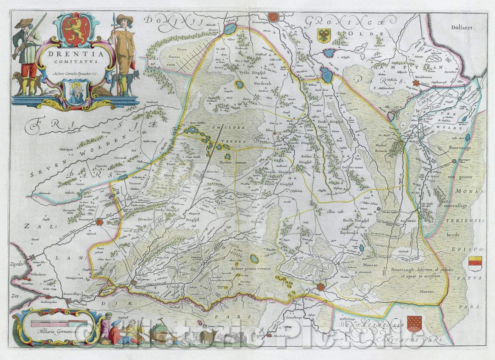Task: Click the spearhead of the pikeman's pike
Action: (114, 17)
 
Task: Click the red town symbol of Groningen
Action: (273, 17)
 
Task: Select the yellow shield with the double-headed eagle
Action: (324, 35)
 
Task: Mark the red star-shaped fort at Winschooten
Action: (429, 83)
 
